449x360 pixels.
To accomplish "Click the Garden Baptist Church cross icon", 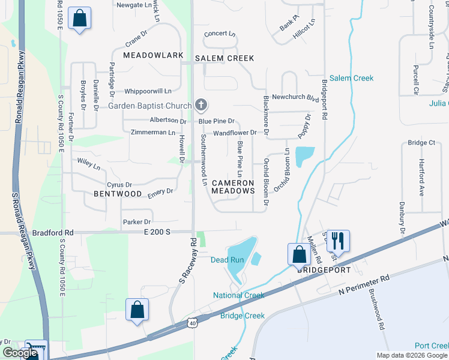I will click(201, 106).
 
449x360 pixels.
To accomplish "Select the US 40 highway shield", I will click(191, 323).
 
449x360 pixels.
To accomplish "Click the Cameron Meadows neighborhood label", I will click(233, 187).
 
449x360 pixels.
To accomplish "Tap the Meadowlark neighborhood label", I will click(153, 55).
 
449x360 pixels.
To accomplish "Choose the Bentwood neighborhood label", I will click(118, 194).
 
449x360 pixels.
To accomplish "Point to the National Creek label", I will click(238, 295).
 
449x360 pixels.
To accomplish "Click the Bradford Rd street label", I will click(53, 232).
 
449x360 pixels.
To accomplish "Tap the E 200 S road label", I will click(157, 232).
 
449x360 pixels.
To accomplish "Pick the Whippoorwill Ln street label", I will click(148, 91).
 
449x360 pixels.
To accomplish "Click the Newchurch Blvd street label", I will click(295, 97).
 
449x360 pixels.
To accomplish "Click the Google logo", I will click(20, 353).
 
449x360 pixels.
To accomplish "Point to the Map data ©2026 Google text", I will click(411, 355).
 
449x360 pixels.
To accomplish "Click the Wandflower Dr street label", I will click(235, 132).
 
